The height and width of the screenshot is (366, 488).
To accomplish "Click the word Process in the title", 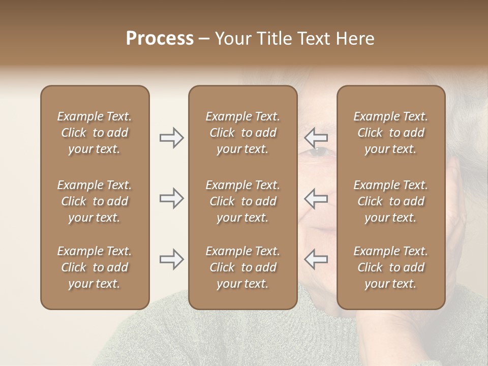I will [x=160, y=39].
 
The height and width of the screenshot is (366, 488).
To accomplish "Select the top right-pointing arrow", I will [x=171, y=138].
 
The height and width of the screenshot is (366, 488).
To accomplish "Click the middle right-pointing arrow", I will [x=171, y=198].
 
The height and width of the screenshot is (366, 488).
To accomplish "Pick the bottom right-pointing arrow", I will [x=171, y=259].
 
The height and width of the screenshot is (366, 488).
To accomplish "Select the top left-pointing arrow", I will [x=316, y=138].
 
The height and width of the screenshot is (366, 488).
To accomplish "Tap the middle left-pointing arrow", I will [x=316, y=198].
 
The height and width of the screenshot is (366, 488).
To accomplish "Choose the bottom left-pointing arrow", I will [x=316, y=259].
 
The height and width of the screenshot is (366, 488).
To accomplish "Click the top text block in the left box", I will [x=95, y=133].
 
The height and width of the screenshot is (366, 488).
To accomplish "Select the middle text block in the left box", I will [x=95, y=201].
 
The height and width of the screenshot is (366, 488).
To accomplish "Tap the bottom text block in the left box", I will [x=95, y=267].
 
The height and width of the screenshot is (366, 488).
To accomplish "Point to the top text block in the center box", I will [x=242, y=133].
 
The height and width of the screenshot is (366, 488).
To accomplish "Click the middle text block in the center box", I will [x=242, y=201].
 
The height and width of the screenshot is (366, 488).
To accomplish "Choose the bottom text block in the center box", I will [x=242, y=267].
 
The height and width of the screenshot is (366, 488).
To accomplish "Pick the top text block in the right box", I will [x=390, y=133].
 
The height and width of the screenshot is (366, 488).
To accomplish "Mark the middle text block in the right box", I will [x=390, y=201].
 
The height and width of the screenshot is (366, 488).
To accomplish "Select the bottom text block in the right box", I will [x=390, y=267].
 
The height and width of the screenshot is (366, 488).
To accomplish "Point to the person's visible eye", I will [x=317, y=150].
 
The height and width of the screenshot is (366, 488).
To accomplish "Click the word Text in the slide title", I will [x=313, y=39].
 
